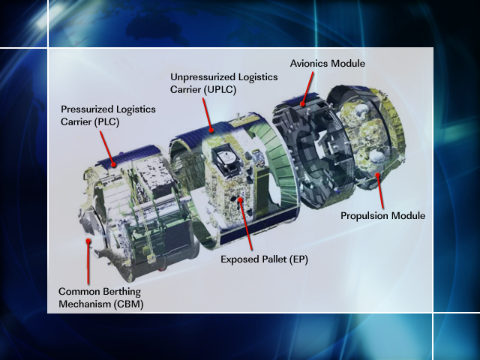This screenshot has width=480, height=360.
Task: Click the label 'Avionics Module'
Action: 328,64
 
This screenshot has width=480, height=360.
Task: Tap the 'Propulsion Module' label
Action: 382,216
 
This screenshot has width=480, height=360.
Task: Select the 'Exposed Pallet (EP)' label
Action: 264,259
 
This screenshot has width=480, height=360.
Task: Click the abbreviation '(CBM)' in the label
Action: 125,304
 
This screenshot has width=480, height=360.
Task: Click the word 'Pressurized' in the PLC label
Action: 85,109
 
